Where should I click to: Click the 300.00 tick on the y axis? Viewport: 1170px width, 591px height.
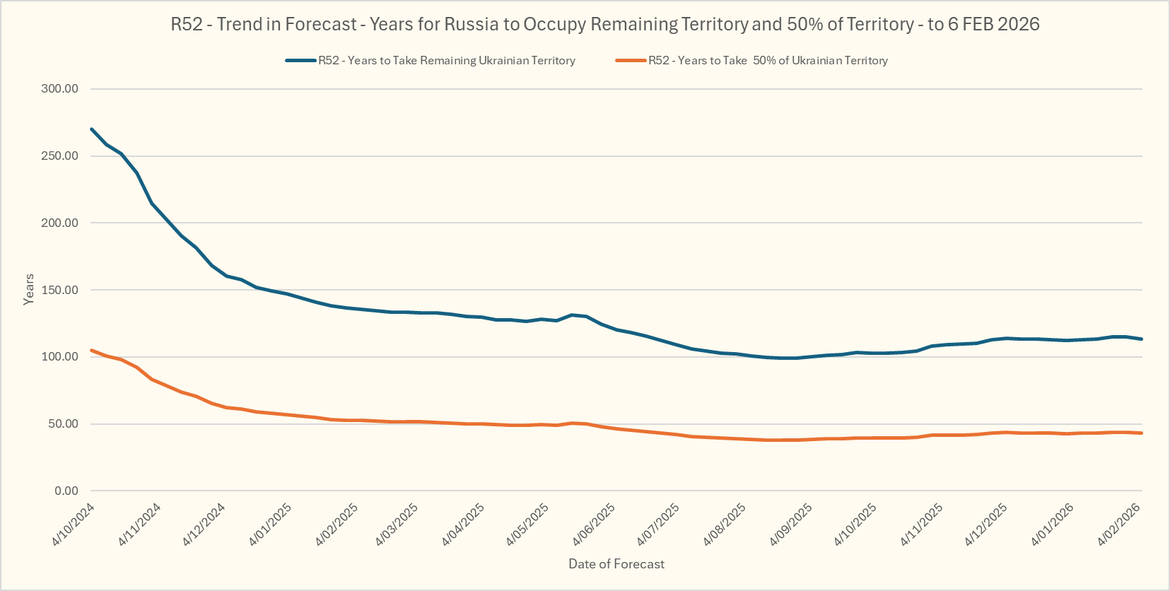pyautogui.click(x=59, y=89)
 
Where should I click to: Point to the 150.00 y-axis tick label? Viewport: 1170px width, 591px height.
pyautogui.click(x=59, y=290)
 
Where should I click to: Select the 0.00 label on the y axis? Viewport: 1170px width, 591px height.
pyautogui.click(x=66, y=491)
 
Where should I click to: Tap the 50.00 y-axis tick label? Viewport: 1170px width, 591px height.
pyautogui.click(x=62, y=424)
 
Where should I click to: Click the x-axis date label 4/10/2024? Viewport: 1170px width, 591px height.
pyautogui.click(x=74, y=525)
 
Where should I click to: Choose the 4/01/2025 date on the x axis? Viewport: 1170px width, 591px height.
pyautogui.click(x=271, y=525)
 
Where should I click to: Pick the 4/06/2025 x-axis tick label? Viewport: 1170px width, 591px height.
pyautogui.click(x=594, y=525)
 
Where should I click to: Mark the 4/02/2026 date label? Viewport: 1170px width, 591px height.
pyautogui.click(x=1119, y=525)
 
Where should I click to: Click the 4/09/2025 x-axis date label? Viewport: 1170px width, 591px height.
pyautogui.click(x=791, y=525)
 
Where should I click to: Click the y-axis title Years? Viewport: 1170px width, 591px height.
pyautogui.click(x=29, y=289)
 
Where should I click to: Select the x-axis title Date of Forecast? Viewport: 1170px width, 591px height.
pyautogui.click(x=616, y=564)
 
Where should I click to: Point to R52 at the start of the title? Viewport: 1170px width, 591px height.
pyautogui.click(x=187, y=24)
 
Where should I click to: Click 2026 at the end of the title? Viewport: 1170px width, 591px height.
pyautogui.click(x=1018, y=24)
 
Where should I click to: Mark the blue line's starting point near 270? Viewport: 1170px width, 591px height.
pyautogui.click(x=92, y=129)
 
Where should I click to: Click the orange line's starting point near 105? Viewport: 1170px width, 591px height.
pyautogui.click(x=92, y=350)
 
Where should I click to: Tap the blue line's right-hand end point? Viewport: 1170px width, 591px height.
pyautogui.click(x=1142, y=339)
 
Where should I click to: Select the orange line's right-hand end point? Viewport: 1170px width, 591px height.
pyautogui.click(x=1142, y=433)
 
